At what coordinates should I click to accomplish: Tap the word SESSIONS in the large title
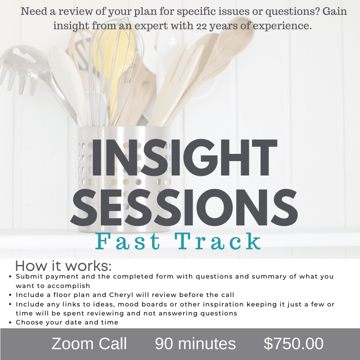[x=184, y=207]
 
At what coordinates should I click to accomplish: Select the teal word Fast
[x=127, y=241]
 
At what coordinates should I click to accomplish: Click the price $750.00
[x=293, y=344]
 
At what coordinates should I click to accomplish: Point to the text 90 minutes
[x=195, y=344]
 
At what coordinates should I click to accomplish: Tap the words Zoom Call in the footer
[x=89, y=344]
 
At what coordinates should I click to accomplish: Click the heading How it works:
[x=63, y=266]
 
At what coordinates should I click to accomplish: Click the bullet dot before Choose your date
[x=10, y=323]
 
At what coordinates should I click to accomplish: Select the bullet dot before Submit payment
[x=10, y=277]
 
